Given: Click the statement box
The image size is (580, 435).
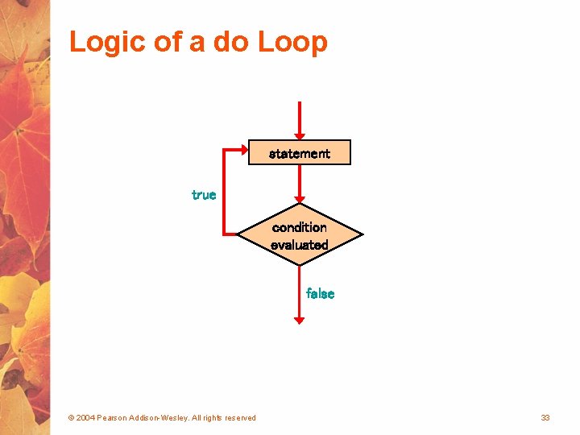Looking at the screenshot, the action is (x=300, y=153).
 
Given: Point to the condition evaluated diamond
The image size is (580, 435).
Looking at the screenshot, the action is (x=300, y=236).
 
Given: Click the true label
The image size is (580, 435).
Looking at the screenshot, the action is (x=204, y=195).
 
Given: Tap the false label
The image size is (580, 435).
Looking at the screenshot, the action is (x=320, y=294).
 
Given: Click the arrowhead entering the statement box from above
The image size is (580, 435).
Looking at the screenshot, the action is (x=300, y=135).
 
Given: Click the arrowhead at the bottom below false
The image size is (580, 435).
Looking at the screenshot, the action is (x=300, y=320).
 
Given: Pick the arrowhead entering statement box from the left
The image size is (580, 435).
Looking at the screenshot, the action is (x=243, y=151).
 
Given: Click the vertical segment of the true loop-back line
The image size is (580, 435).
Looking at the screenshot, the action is (x=224, y=193).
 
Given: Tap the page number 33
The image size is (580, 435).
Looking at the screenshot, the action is (x=545, y=417).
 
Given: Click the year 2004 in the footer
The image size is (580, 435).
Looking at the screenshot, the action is (x=85, y=417).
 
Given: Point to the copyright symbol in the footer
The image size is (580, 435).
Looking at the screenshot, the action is (x=71, y=417).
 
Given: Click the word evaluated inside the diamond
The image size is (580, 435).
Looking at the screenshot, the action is (x=300, y=245).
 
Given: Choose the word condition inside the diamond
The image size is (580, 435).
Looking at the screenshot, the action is (x=300, y=228).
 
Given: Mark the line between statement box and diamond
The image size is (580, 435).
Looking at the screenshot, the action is (x=300, y=179).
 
